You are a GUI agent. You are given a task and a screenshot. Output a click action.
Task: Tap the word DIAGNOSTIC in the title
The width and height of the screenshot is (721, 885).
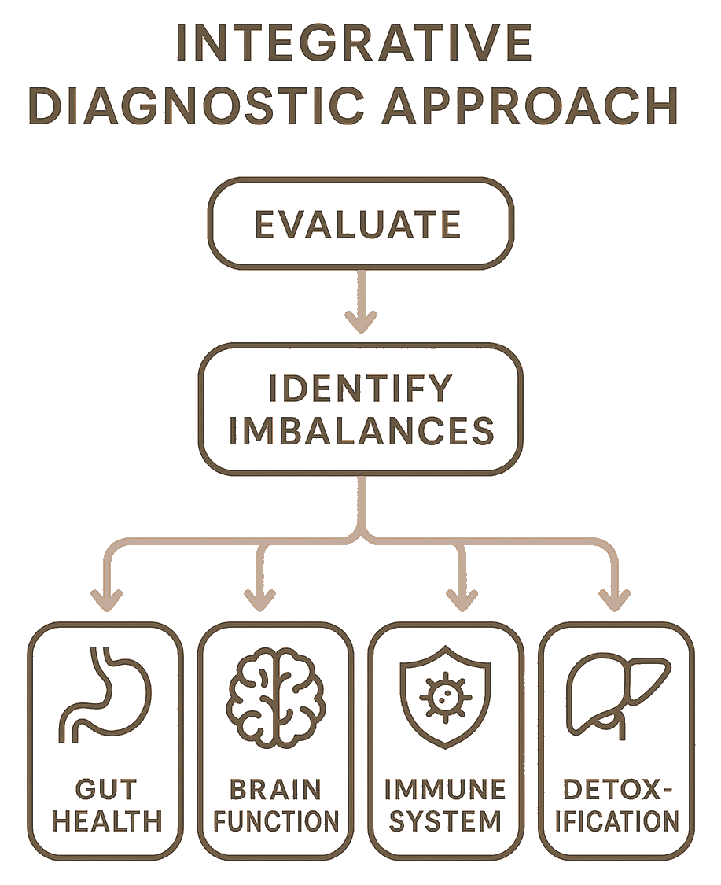tap(177, 108)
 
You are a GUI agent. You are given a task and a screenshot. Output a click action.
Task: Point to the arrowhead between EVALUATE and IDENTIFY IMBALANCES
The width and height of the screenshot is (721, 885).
tap(361, 320)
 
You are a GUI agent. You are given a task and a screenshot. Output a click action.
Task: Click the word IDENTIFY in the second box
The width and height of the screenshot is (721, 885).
tap(361, 388)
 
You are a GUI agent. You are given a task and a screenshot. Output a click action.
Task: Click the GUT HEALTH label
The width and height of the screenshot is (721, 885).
tap(107, 804)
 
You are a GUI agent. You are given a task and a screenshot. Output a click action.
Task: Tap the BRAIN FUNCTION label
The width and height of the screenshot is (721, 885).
tap(276, 804)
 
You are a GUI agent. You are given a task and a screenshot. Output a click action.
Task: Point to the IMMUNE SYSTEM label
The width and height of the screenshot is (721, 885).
tap(446, 804)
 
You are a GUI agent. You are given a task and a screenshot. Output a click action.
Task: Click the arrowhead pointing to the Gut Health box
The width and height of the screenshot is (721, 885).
tap(107, 599)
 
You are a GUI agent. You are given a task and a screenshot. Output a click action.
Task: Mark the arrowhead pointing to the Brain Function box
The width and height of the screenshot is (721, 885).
tap(257, 599)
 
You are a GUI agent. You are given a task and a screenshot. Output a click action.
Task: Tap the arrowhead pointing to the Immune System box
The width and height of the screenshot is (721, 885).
tap(461, 599)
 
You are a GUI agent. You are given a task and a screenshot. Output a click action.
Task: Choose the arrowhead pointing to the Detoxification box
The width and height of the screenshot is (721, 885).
tap(615, 599)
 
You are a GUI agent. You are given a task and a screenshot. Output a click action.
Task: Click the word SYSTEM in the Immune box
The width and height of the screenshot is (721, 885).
tap(446, 821)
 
